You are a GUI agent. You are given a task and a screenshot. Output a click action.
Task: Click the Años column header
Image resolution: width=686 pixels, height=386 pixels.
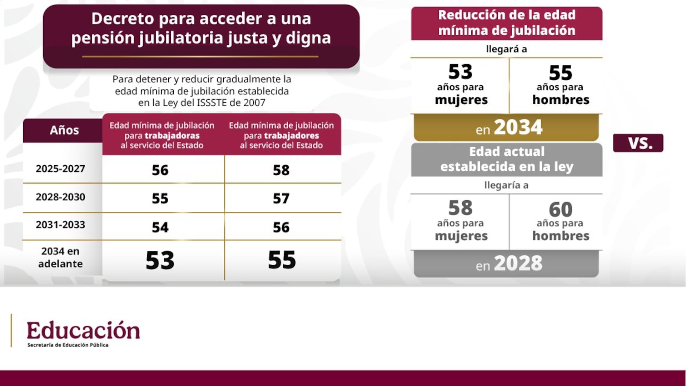pyautogui.click(x=64, y=130)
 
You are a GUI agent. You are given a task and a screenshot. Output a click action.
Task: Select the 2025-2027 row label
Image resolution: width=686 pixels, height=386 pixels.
pyautogui.click(x=60, y=169)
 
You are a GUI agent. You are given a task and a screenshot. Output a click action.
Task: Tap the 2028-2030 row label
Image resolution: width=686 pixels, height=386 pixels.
pyautogui.click(x=60, y=197)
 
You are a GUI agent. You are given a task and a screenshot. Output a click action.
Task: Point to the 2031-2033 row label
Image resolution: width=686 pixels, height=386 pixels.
pyautogui.click(x=60, y=225)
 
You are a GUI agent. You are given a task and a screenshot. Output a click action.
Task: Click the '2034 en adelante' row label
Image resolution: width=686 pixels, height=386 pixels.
pyautogui.click(x=60, y=257)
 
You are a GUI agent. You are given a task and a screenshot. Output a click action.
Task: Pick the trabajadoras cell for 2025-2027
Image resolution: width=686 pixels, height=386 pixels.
pyautogui.click(x=160, y=170)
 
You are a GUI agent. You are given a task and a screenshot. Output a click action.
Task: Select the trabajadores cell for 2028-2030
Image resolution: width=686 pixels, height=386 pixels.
pyautogui.click(x=281, y=199)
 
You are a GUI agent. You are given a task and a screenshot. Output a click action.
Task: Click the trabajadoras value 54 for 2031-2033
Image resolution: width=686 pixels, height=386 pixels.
pyautogui.click(x=160, y=227)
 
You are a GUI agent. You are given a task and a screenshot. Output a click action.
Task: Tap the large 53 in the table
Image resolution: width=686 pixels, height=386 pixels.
pyautogui.click(x=160, y=260)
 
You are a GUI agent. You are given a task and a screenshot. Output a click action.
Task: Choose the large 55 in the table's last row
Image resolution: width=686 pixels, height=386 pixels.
pyautogui.click(x=282, y=260)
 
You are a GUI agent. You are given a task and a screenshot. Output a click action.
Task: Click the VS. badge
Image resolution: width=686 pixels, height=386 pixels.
pyautogui.click(x=638, y=143)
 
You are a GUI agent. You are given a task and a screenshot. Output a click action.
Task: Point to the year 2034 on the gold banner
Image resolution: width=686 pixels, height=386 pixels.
pyautogui.click(x=518, y=127)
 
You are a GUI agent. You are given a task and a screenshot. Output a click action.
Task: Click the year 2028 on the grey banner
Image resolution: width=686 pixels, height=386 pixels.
pyautogui.click(x=518, y=264)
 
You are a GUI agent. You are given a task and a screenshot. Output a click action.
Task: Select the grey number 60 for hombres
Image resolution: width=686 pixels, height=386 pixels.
pyautogui.click(x=561, y=209)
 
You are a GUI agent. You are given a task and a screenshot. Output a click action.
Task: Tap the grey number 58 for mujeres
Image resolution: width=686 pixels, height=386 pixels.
pyautogui.click(x=461, y=208)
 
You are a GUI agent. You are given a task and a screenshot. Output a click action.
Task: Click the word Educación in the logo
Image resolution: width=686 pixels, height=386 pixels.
pyautogui.click(x=83, y=331)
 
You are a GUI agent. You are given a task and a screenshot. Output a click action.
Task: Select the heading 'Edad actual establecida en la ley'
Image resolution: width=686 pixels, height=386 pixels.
pyautogui.click(x=507, y=159)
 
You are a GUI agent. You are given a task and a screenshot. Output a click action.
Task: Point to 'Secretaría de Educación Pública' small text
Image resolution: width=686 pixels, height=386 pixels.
pyautogui.click(x=68, y=345)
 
